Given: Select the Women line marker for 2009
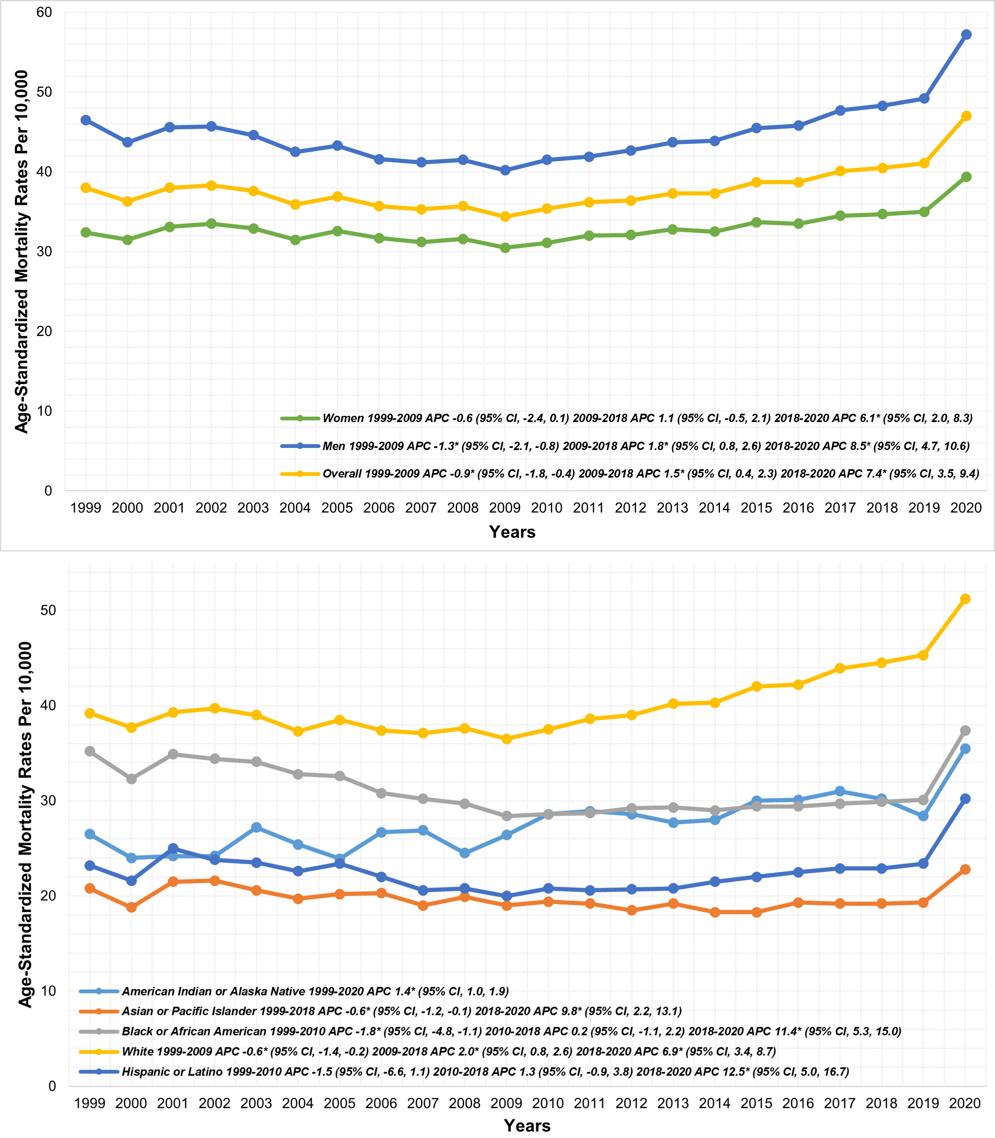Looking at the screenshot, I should click(505, 248).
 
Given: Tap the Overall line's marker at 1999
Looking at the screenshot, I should click(86, 188).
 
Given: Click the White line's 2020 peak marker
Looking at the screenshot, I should click(965, 599).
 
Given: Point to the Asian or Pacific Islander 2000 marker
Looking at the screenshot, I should click(131, 907).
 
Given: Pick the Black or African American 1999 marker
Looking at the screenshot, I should click(89, 751).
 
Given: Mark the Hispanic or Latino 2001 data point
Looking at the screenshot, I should click(173, 848).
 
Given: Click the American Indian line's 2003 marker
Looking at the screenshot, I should click(256, 827).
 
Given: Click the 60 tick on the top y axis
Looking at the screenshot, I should click(44, 12).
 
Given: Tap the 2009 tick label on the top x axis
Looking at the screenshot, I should click(505, 508).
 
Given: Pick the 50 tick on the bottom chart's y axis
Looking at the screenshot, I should click(48, 610).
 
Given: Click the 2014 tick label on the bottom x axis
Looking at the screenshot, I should click(715, 1103).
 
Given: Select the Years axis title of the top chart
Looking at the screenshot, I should click(512, 532).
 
